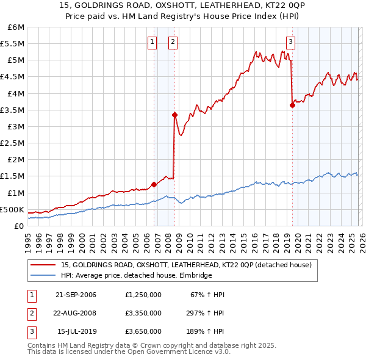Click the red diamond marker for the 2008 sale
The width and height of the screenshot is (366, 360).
(174, 115)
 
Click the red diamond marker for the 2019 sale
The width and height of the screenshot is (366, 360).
(292, 105)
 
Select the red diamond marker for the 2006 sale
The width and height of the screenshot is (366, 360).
(154, 184)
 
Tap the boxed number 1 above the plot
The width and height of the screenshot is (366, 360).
(152, 42)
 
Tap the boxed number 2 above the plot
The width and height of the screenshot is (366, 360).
(173, 42)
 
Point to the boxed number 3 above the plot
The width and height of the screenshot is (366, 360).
(290, 42)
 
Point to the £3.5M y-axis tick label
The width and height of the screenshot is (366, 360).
(13, 110)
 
